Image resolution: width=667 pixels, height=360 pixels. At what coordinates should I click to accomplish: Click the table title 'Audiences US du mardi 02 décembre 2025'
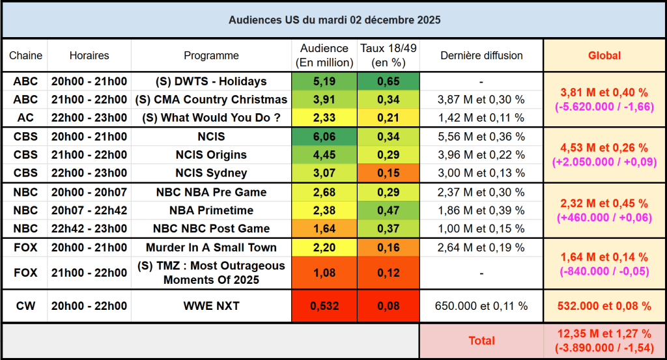coord(333,20)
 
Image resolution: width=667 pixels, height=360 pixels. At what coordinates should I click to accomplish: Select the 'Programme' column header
coord(211,55)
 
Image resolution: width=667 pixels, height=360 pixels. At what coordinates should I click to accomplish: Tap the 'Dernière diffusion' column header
coord(481,55)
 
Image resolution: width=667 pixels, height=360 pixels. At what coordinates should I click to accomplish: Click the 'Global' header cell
coord(604,55)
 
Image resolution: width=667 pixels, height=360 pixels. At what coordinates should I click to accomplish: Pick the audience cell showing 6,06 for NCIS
coord(324,137)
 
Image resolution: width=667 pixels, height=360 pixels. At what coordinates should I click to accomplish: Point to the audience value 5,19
coord(324,81)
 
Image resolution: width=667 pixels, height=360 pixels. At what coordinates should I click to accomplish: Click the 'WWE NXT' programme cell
coord(211,306)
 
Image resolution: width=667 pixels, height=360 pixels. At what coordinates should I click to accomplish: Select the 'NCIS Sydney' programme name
coord(211,173)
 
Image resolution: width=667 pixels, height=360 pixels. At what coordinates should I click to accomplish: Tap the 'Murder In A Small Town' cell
coord(211,247)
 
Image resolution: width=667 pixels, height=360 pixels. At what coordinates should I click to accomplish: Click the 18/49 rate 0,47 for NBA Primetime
coord(388,210)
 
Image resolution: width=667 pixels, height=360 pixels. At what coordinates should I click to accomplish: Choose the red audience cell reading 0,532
coord(324,306)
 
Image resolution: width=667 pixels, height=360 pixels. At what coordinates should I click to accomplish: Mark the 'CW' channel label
coord(25,306)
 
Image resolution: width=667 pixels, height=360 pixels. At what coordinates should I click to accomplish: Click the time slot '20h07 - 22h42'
coord(89,210)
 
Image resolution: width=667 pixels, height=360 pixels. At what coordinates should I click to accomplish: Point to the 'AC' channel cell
coord(25,118)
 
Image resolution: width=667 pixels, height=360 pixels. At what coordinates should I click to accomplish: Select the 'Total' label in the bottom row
coord(481,340)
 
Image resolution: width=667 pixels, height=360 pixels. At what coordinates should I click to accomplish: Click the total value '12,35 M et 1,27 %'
coord(604,334)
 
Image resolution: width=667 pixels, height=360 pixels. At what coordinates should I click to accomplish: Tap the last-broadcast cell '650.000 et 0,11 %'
coord(481,306)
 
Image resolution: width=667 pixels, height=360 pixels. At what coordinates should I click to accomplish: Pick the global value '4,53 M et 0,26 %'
coord(604,148)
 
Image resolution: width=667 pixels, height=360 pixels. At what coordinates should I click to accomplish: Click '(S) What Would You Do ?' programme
coord(211,118)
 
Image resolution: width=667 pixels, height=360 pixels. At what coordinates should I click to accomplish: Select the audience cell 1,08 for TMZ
coord(324,273)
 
